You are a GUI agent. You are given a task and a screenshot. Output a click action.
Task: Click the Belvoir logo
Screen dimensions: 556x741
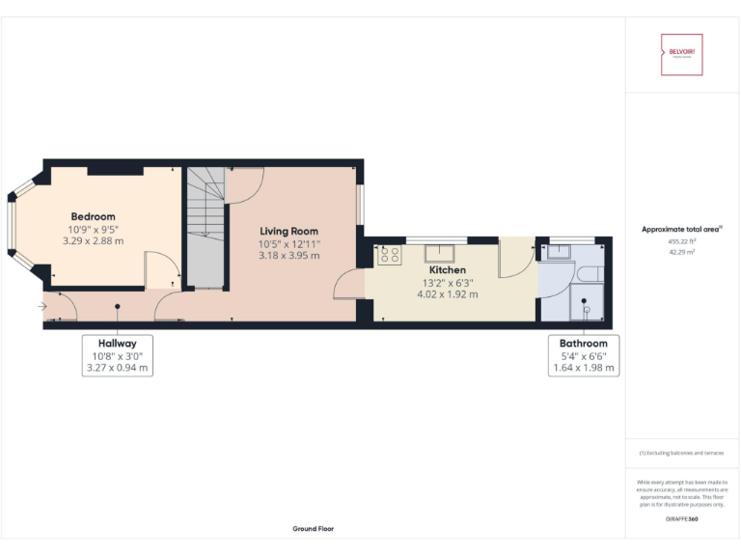coord(681,55)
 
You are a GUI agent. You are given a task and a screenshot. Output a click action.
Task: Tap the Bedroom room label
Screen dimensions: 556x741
coord(93,217)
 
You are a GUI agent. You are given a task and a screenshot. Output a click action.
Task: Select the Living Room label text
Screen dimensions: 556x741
coord(288,232)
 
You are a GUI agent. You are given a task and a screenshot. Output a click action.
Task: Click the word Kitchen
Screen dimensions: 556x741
coord(447,270)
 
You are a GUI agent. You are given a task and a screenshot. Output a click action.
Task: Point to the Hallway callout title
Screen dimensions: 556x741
coord(117,343)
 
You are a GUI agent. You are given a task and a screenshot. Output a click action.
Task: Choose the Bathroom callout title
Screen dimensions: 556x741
coord(584,343)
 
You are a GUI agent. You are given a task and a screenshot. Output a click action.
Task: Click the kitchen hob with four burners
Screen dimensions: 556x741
coord(390,255)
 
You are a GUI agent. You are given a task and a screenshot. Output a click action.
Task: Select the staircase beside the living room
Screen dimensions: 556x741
coord(206,227)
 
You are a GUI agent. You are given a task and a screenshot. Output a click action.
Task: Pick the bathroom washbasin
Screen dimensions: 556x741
coord(554,253)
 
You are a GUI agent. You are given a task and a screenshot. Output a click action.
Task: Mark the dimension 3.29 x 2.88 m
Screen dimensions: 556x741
coord(93,240)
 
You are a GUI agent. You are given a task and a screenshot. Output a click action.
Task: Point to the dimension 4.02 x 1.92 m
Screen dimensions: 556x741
coord(447,294)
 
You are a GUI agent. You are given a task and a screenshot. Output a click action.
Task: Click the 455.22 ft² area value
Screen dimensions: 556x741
coord(681,241)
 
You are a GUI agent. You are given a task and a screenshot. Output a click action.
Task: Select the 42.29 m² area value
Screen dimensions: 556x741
coord(681,252)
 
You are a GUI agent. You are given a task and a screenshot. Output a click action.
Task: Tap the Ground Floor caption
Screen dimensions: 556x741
coord(313,529)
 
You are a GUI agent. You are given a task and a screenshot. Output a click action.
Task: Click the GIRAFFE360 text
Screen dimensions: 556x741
coord(681,519)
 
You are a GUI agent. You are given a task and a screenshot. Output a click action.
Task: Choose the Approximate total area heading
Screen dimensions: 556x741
coord(681,229)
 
